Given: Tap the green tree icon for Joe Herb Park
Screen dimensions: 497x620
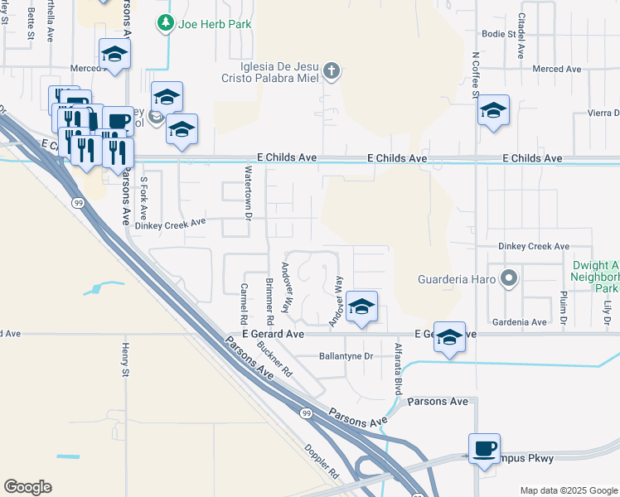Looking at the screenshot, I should pyautogui.click(x=167, y=24).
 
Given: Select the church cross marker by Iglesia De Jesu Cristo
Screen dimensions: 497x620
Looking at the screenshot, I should pyautogui.click(x=331, y=70).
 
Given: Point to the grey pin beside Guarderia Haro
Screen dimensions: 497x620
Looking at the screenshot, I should pyautogui.click(x=510, y=278).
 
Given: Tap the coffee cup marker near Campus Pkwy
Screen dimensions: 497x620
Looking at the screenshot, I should pyautogui.click(x=484, y=448).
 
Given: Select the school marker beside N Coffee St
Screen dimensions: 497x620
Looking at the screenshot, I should pyautogui.click(x=493, y=110).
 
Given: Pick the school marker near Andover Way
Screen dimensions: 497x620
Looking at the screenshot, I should pyautogui.click(x=361, y=306).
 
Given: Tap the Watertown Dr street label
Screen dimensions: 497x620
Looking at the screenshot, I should pyautogui.click(x=247, y=191).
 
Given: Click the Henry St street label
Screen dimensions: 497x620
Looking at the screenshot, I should pyautogui.click(x=126, y=361).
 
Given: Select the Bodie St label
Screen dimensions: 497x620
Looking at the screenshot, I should pyautogui.click(x=499, y=35).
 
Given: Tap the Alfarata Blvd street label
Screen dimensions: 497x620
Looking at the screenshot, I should pyautogui.click(x=399, y=369).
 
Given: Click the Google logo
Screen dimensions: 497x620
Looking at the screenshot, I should pyautogui.click(x=27, y=487).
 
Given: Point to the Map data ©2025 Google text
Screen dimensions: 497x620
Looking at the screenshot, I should pyautogui.click(x=568, y=490).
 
